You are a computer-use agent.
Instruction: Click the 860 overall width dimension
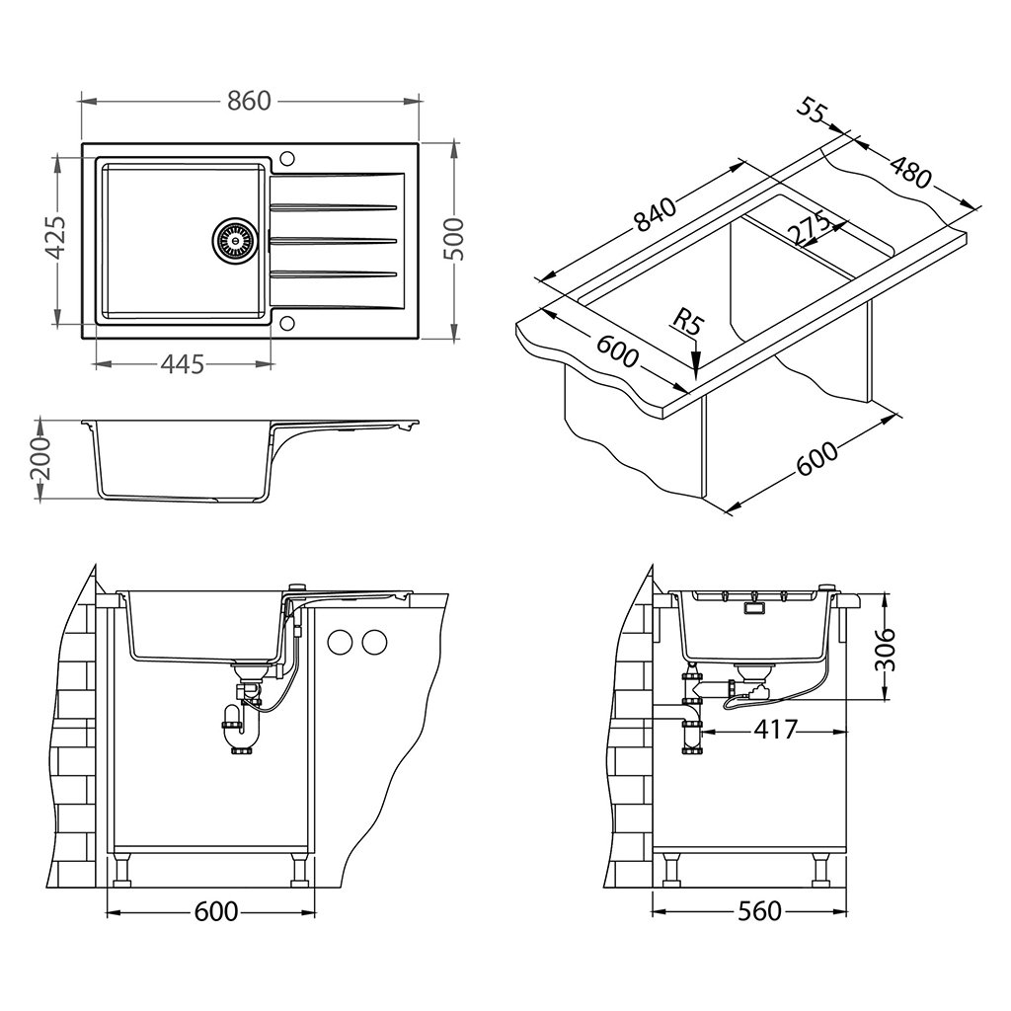click(249, 101)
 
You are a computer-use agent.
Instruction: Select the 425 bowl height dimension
click(56, 237)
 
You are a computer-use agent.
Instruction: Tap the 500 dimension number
click(454, 239)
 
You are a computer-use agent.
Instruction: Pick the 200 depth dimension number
click(40, 459)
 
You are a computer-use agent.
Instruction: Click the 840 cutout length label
click(656, 216)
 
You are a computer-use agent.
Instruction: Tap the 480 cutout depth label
click(909, 171)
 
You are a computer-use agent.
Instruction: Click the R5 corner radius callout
click(688, 321)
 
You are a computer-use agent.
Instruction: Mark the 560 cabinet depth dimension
click(759, 910)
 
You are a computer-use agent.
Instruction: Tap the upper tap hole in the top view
click(288, 158)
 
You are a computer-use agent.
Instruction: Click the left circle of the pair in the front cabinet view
click(340, 642)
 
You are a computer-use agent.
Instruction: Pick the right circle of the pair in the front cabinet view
click(374, 642)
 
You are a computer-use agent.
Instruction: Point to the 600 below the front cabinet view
click(215, 911)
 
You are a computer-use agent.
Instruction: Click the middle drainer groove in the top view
click(334, 240)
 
